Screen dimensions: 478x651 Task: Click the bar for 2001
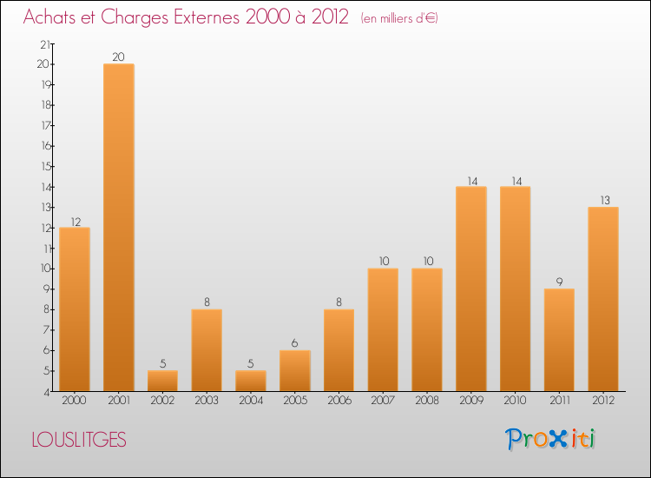(x=118, y=227)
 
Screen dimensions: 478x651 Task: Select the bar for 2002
(x=162, y=381)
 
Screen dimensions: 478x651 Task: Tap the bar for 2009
(x=471, y=289)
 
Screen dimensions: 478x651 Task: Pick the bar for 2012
(x=603, y=299)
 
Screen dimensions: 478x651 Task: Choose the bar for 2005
(x=295, y=370)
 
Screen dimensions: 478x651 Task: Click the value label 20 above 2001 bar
(x=118, y=57)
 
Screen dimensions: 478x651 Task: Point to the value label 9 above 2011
(x=560, y=282)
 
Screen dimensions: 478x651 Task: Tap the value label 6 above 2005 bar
(x=295, y=343)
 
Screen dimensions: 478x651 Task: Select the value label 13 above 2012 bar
(x=604, y=201)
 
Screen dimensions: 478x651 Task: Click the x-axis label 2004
(x=251, y=402)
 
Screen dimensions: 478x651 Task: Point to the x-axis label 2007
(x=383, y=402)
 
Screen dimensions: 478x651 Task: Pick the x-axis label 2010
(x=516, y=402)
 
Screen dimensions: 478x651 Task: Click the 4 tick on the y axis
(x=46, y=392)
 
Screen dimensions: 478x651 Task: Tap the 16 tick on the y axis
(x=44, y=146)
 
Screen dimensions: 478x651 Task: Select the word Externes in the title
(x=201, y=18)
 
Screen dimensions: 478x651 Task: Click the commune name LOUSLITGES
(x=79, y=440)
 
